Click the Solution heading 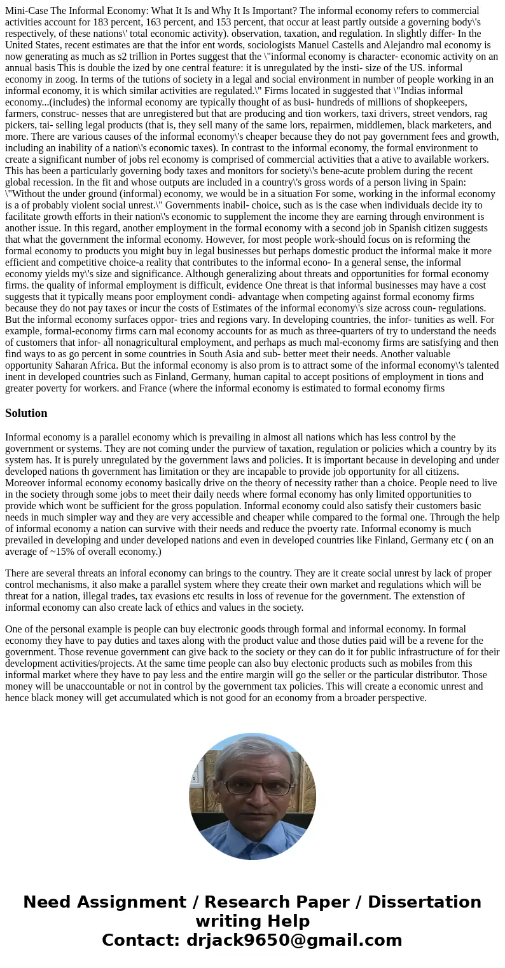pyautogui.click(x=26, y=413)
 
